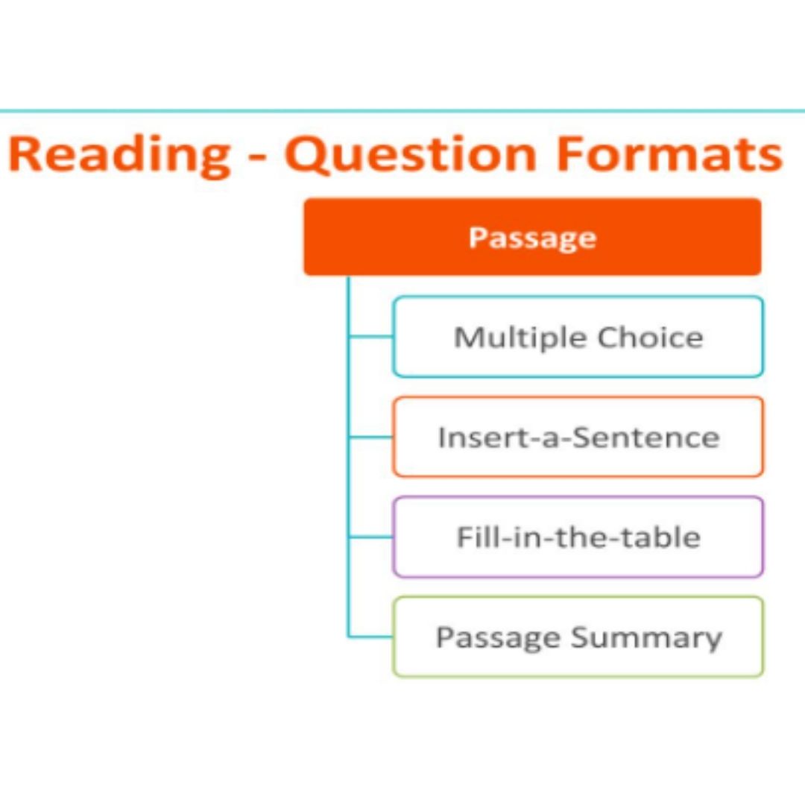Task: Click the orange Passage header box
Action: pos(532,237)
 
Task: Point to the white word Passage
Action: pos(532,238)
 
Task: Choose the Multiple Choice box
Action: pos(578,337)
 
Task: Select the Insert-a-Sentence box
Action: pos(578,437)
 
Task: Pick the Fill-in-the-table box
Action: pos(578,537)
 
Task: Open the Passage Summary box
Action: pos(578,637)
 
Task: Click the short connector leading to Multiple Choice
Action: pos(370,337)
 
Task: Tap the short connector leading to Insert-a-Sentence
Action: pos(370,437)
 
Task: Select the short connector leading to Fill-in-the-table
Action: pos(370,537)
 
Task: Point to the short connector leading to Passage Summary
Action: pos(370,637)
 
